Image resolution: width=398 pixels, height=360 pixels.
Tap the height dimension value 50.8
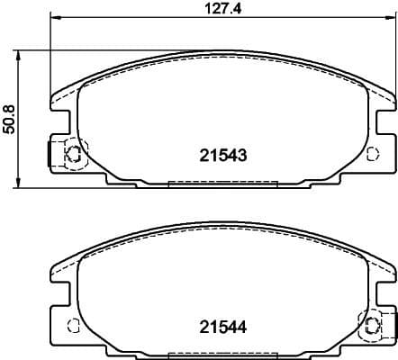(9, 117)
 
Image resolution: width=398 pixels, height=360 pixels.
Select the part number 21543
(222, 155)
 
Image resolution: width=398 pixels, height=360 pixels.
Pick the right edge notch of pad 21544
(378, 285)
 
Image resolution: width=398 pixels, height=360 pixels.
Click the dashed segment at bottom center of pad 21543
(222, 184)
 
